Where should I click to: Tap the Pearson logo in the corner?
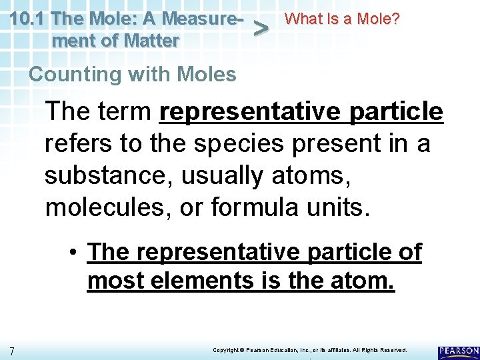coord(459,351)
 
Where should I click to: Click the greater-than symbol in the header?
coord(263,29)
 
